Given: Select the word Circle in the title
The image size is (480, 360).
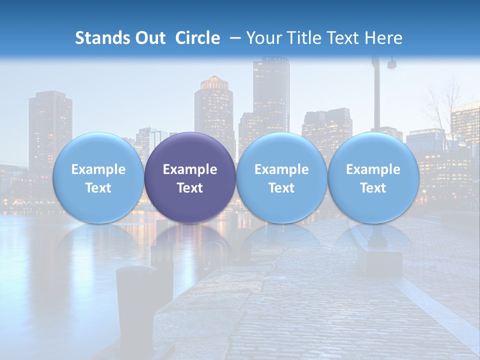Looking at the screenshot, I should (197, 38).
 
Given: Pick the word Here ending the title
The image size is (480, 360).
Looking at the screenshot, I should (385, 38).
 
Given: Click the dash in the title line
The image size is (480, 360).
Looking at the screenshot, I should (235, 38).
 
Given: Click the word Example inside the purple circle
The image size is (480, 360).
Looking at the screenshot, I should (190, 169).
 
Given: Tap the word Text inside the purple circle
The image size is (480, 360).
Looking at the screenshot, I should (190, 188).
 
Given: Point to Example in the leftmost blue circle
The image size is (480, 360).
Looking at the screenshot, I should (98, 169).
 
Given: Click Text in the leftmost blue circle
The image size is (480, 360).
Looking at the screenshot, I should (98, 188).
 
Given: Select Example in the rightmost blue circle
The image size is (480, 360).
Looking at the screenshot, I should (373, 169).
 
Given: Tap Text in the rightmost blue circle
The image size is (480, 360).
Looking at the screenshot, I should (373, 188).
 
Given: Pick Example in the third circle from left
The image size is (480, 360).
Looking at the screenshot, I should (281, 169).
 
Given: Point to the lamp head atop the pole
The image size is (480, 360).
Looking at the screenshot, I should (391, 64).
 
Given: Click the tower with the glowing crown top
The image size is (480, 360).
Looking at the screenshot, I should (214, 100).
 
